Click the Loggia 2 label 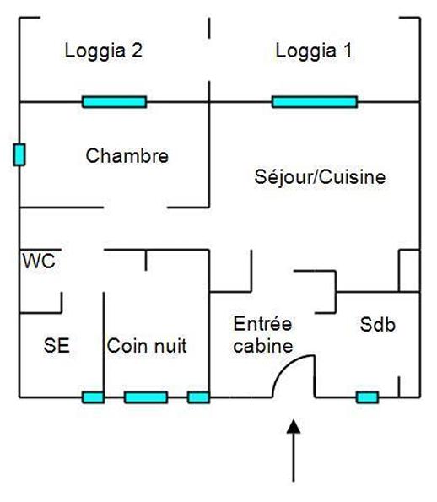[103, 51]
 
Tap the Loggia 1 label [314, 51]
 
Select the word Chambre [127, 156]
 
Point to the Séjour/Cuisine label [320, 178]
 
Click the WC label [39, 262]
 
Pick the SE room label [57, 346]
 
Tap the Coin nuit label [146, 346]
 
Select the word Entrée [262, 325]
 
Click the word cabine [263, 346]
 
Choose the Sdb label [378, 325]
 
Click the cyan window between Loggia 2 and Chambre [114, 102]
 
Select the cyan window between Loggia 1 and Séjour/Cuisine [314, 102]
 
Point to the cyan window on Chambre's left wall [19, 154]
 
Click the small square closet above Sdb [409, 271]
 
